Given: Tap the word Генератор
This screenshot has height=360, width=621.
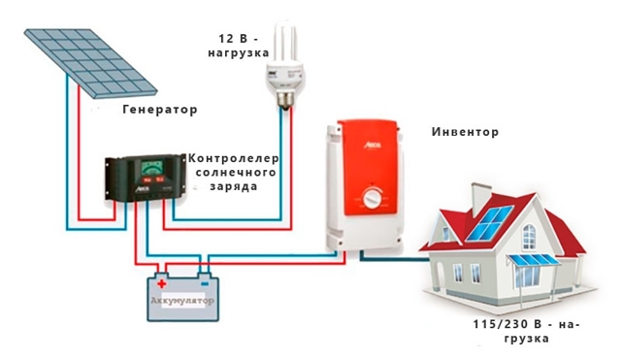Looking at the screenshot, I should [x=160, y=110].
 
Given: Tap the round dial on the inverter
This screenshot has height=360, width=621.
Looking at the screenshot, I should [x=372, y=202].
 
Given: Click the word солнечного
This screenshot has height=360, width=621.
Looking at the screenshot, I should [x=234, y=170].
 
